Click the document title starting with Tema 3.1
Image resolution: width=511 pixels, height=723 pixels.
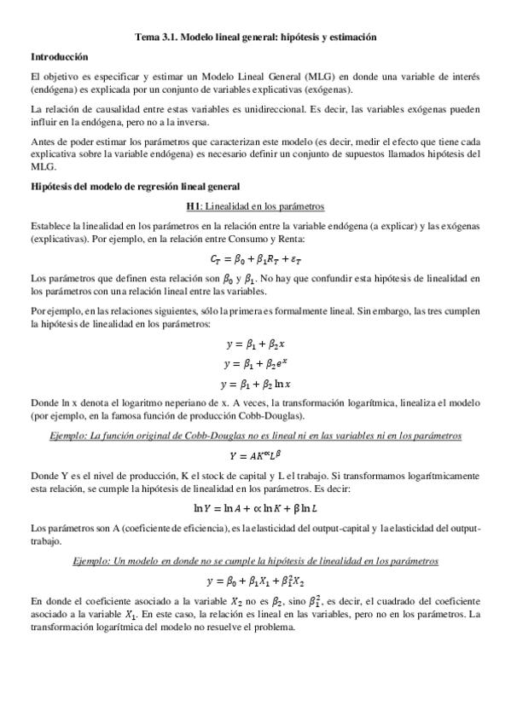(255, 38)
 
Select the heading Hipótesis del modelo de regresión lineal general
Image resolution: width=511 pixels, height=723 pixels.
(135, 186)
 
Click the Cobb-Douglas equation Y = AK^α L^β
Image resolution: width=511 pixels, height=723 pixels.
(255, 454)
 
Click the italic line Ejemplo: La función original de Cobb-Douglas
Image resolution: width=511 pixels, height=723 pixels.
(255, 436)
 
